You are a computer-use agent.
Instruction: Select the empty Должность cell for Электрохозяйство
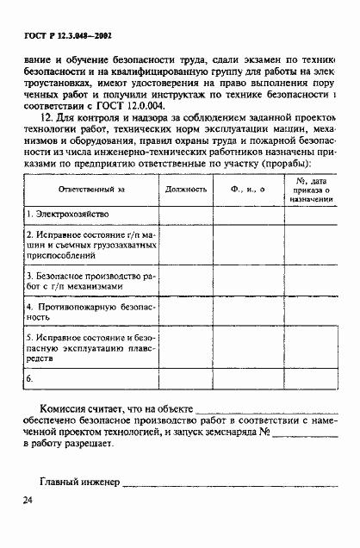point(186,212)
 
